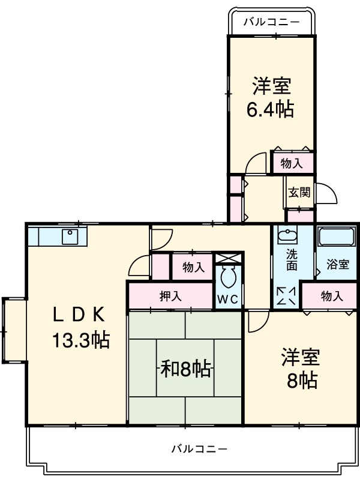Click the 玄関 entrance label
click(299, 193)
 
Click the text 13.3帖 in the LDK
click(79, 341)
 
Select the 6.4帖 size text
click(271, 110)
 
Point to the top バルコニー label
click(271, 22)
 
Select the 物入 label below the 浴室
click(331, 296)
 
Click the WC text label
click(228, 298)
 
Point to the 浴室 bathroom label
click(337, 264)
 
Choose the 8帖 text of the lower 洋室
click(301, 380)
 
